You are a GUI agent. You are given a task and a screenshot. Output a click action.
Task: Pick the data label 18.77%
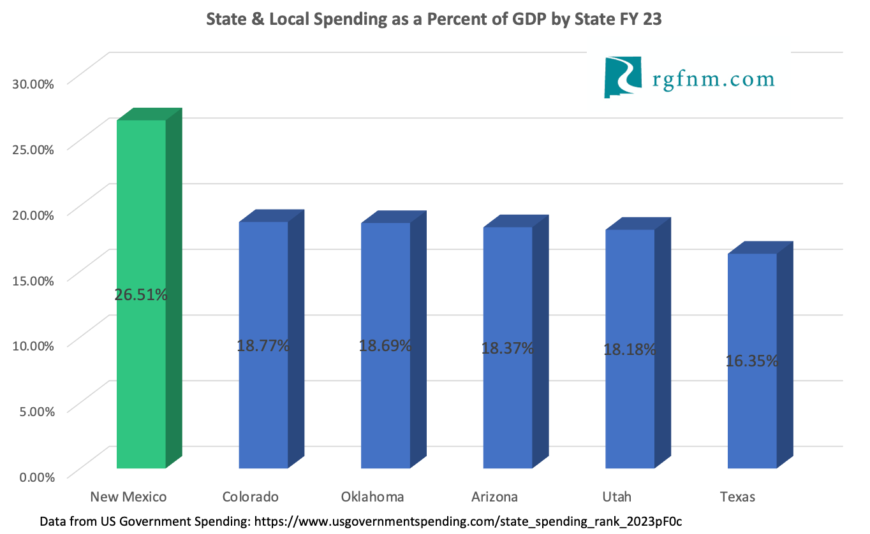263,346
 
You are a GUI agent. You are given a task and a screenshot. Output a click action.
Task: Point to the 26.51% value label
141,294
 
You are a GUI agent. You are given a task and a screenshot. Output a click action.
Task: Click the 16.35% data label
752,361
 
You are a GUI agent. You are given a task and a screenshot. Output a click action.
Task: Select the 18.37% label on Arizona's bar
508,349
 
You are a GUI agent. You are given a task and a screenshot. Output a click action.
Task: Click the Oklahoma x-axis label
372,497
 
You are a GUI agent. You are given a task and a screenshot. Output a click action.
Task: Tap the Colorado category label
251,497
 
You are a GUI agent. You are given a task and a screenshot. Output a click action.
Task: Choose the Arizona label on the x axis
494,497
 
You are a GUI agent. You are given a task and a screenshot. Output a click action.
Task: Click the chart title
434,20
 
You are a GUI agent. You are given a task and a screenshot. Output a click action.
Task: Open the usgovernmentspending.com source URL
468,521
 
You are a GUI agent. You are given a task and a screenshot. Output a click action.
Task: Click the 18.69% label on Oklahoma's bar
385,346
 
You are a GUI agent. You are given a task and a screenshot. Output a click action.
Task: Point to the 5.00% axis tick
34,410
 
